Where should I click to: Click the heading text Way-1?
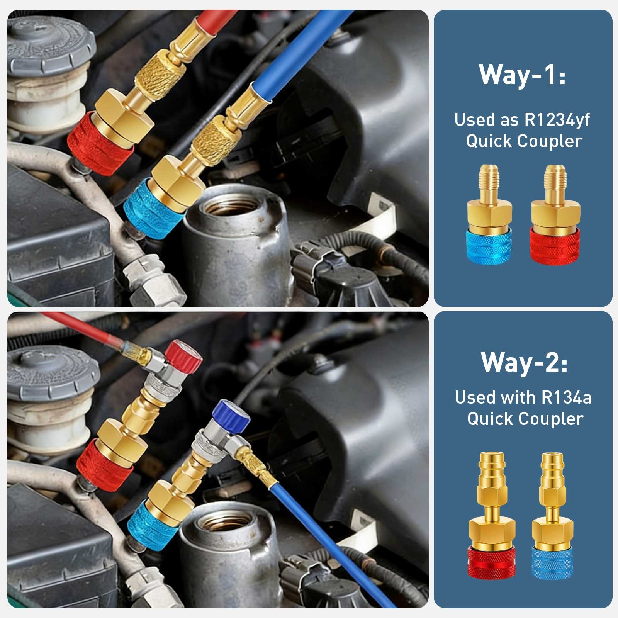523,74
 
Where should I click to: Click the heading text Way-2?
524,362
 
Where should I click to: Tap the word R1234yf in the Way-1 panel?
557,120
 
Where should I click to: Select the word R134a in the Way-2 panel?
566,397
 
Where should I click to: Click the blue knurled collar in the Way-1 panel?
490,247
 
